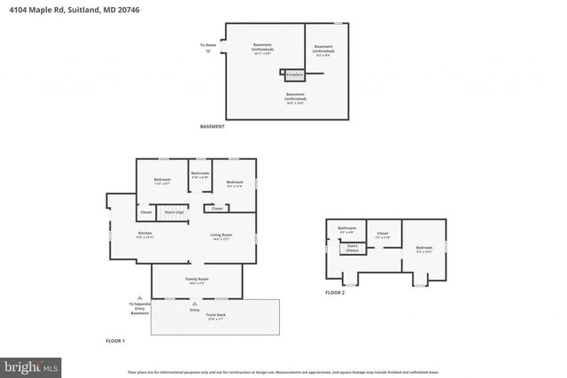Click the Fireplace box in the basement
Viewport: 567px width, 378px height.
[x=293, y=74]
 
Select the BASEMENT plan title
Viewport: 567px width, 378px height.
[x=213, y=127]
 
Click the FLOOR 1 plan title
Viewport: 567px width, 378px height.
[x=116, y=341]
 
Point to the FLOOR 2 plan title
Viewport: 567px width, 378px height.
[x=335, y=292]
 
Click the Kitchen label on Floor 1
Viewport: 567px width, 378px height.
[x=144, y=235]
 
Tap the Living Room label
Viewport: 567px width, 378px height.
[x=221, y=235]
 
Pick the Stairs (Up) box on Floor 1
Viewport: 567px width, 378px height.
[x=174, y=212]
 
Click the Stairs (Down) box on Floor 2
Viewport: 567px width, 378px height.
[x=352, y=248]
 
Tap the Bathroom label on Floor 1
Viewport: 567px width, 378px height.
[x=200, y=174]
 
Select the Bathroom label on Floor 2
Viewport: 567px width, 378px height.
[x=346, y=229]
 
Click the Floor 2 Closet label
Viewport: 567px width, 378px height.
[x=383, y=235]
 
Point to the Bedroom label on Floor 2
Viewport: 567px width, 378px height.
[x=424, y=249]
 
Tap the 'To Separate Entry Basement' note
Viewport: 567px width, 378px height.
[x=140, y=307]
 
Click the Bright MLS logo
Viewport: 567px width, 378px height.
[x=31, y=364]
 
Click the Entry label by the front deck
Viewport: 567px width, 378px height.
[x=195, y=309]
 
